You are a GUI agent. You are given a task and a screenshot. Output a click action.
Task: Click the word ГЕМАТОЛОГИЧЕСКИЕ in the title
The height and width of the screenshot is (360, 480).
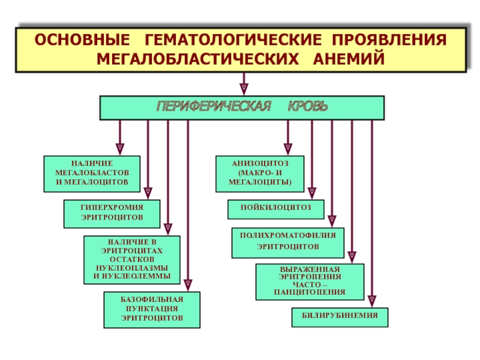coord(233,40)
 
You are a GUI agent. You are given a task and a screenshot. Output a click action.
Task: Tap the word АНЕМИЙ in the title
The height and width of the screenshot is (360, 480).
coord(349,59)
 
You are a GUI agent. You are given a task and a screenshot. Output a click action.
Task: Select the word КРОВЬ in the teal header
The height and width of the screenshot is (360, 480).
coord(308,106)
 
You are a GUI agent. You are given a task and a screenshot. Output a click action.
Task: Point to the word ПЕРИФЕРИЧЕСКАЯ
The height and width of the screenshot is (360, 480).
coord(214,106)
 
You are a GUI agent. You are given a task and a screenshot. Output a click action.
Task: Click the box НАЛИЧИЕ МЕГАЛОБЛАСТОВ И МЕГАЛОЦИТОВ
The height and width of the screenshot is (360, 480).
coord(92,174)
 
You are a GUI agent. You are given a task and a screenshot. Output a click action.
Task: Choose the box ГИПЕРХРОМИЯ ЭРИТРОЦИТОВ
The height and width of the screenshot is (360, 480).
coord(112,214)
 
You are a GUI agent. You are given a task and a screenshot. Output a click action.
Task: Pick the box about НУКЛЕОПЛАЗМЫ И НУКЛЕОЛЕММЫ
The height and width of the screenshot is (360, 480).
coord(132,260)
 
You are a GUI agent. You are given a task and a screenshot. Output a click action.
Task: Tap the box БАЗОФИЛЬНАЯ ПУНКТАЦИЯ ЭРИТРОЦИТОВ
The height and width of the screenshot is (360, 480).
coord(152,310)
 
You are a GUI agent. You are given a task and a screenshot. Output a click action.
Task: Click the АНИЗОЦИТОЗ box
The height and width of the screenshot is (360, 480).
coord(260,174)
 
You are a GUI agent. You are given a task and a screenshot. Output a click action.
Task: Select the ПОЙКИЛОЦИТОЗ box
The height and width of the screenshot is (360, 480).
coord(276,209)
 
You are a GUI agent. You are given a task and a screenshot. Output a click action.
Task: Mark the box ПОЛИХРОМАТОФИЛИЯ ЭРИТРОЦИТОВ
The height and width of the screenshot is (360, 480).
coord(288,243)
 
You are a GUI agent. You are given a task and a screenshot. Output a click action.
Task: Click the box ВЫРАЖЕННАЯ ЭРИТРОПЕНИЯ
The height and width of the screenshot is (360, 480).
coord(310,282)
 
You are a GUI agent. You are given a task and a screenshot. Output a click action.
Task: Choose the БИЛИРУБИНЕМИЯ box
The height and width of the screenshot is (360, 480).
coord(340,317)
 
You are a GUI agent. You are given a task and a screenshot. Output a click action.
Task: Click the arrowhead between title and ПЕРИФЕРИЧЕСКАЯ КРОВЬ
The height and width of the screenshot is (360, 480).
coord(244,89)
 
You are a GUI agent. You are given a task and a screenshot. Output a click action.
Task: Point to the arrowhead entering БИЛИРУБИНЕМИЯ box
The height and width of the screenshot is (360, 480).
coord(372,301)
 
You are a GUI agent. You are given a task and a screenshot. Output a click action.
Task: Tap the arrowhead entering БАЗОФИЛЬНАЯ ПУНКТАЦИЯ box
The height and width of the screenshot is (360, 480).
coord(188,285)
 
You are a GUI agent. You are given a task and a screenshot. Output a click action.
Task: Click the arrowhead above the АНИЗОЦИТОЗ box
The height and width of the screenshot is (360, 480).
coord(288,149)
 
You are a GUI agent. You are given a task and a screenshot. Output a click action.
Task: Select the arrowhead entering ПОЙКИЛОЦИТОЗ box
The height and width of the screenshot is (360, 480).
coord(311,193)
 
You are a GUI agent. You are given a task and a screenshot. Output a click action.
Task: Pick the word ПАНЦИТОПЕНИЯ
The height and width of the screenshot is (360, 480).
coord(310,292)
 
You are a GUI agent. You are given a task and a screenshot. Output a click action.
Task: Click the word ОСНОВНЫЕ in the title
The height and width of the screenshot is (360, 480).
coord(82,40)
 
